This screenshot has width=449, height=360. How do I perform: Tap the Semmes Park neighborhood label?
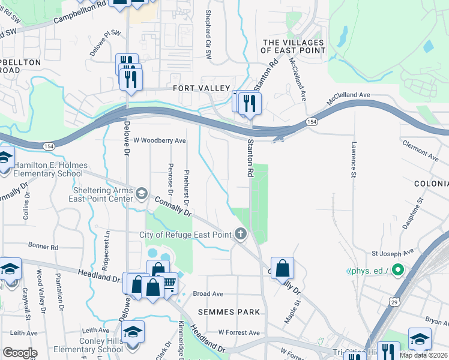pos(231,312)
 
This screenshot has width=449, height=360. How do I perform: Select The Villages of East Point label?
pos(294,47)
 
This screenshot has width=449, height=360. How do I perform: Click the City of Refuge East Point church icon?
pos(241,234)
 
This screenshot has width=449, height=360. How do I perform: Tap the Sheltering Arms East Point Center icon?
pos(142,193)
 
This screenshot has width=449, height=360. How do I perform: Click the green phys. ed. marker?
pos(396,271)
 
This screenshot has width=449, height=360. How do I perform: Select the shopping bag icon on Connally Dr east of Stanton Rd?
pos(282,268)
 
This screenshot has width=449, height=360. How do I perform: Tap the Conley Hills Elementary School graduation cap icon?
pos(133,331)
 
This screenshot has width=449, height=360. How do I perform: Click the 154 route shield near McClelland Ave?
pos(311,122)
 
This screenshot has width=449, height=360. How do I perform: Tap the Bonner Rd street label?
pos(43,247)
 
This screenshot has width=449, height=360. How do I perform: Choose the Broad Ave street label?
pos(208,294)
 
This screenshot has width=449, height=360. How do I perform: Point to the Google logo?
pos(20,353)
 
